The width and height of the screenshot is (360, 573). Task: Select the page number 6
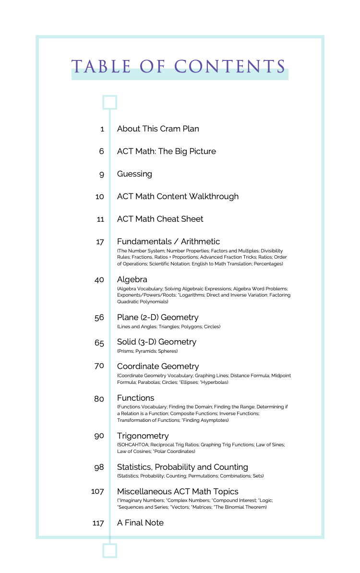[x=101, y=151]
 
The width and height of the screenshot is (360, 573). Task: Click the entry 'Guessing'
[x=134, y=174]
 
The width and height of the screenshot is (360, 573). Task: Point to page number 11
[x=100, y=219]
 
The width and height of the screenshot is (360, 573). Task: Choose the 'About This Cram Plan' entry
[x=158, y=129]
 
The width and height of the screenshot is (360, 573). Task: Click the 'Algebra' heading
[x=132, y=279]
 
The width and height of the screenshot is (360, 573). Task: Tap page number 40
[x=99, y=280]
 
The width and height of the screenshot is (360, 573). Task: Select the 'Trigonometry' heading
[x=143, y=436]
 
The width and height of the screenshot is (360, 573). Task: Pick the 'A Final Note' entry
[x=140, y=523]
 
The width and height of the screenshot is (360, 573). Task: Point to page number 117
[x=98, y=523]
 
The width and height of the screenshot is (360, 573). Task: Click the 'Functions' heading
[x=135, y=398]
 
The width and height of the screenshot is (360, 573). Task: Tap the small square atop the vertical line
[x=110, y=102]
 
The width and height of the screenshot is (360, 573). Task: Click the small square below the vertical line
[x=110, y=550]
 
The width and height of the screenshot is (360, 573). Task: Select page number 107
[x=97, y=491]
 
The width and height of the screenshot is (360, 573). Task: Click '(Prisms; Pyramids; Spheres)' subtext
[x=147, y=351]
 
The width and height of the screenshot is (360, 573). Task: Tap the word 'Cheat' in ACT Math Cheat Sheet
[x=168, y=219]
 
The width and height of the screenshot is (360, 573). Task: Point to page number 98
[x=99, y=467]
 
